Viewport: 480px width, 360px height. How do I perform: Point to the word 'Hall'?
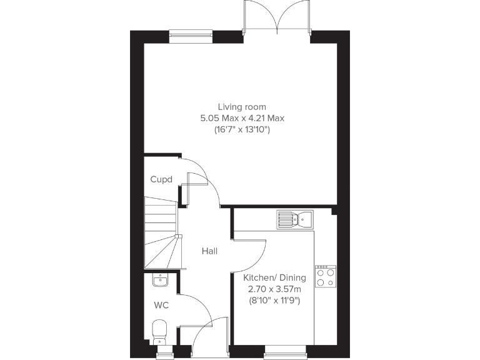click(x=209, y=251)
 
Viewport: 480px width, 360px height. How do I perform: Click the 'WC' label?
click(x=161, y=306)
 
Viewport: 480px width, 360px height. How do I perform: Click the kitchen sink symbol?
click(x=296, y=219)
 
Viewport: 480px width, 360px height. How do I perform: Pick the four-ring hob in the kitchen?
click(x=325, y=276)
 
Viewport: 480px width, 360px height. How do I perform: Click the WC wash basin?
click(x=161, y=280)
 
